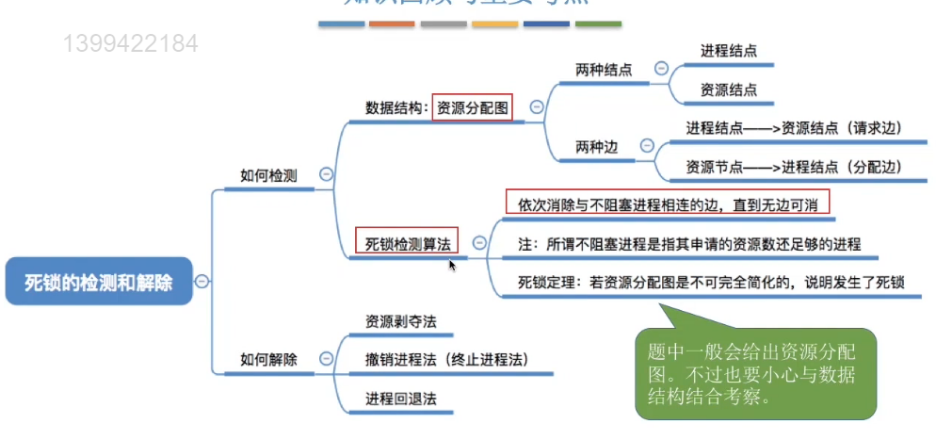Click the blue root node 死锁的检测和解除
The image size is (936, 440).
tap(99, 281)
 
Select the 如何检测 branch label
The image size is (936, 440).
tap(268, 174)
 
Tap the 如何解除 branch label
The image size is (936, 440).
tap(268, 359)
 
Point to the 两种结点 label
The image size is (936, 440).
tap(604, 70)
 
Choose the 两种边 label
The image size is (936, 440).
tap(597, 146)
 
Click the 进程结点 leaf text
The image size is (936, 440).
tap(728, 51)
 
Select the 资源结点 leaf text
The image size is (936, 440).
tap(728, 90)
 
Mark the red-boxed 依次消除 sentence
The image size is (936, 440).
tap(668, 203)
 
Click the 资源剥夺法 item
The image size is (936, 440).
tap(401, 320)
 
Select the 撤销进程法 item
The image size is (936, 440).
tap(446, 359)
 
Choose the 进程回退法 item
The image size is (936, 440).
tap(401, 398)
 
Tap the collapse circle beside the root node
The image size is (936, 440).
tap(202, 281)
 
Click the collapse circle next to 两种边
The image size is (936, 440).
tap(647, 146)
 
